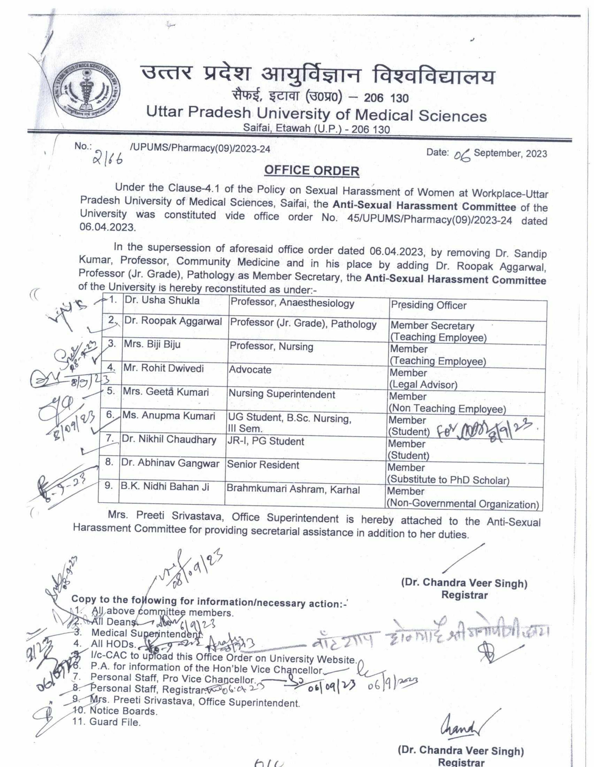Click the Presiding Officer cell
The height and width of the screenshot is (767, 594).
point(428,306)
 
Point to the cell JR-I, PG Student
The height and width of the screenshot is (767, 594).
point(265,441)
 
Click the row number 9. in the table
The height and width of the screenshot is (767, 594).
point(109,486)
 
